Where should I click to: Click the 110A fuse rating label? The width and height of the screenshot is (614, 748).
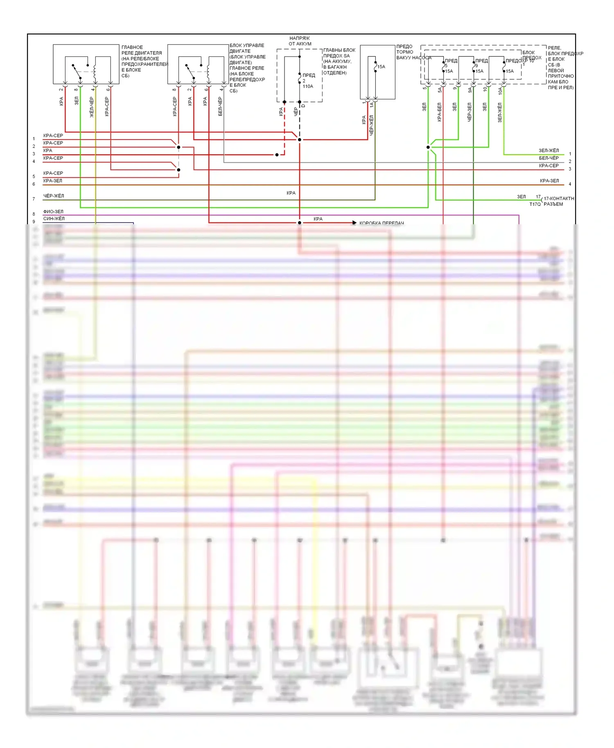tap(308, 86)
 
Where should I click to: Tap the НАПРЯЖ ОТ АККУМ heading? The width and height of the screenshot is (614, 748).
tap(300, 41)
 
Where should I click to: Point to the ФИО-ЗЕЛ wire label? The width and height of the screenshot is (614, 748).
tap(53, 212)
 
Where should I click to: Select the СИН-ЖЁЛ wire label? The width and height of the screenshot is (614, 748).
tap(54, 219)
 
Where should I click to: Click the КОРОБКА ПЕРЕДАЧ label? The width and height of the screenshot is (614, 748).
tap(381, 223)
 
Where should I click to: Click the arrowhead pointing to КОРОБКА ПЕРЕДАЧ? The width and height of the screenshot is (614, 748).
tap(354, 223)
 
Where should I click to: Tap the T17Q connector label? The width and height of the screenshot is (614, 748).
tap(535, 204)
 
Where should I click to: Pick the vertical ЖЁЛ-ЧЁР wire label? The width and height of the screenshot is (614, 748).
tap(92, 107)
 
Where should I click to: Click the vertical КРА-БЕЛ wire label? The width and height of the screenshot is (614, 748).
tap(439, 112)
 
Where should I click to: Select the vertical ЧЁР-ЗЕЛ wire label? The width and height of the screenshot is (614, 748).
tap(470, 112)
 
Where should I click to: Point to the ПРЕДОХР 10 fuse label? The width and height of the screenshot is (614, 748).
tap(520, 61)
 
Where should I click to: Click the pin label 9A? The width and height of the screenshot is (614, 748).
tap(470, 90)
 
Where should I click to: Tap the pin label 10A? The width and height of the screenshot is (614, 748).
tap(500, 91)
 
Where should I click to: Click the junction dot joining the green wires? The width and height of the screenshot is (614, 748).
tap(428, 147)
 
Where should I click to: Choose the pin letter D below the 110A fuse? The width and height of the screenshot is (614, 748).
tap(303, 106)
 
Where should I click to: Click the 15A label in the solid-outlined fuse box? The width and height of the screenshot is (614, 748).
tap(381, 67)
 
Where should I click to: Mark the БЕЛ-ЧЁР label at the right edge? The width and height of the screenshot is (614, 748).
tap(549, 158)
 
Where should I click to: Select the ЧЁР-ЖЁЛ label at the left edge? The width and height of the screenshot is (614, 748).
tap(54, 196)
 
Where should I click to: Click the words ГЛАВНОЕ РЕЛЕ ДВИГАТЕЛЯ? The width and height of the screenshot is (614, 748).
tap(141, 50)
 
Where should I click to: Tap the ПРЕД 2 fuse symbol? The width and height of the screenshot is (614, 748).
tap(300, 78)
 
